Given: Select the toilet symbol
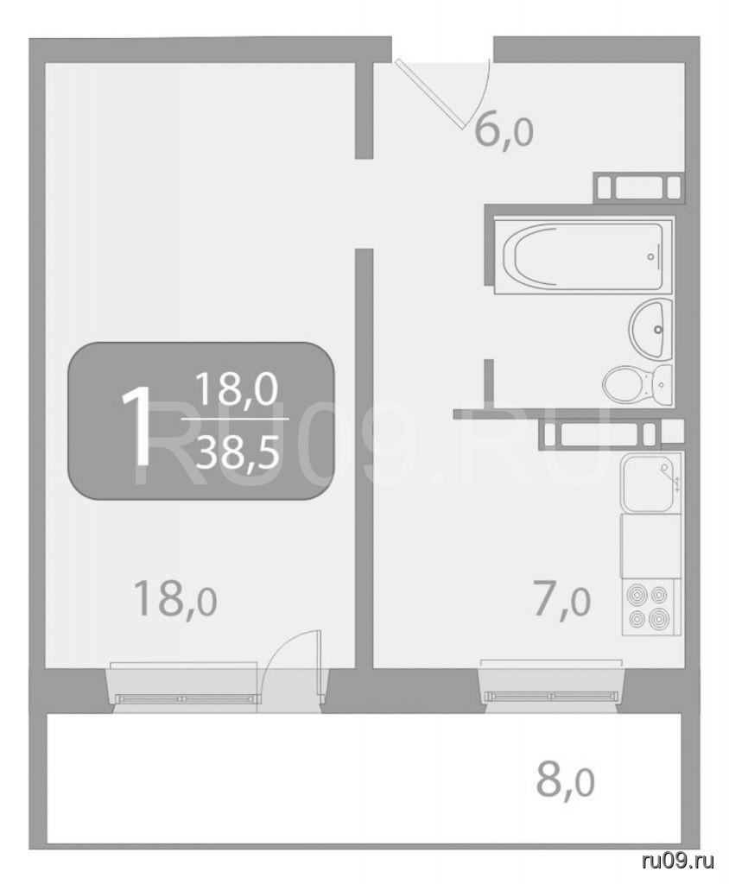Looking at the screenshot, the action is point(638,386).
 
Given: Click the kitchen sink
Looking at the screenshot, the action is point(652,483).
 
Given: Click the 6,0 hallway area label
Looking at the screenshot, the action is point(504,133).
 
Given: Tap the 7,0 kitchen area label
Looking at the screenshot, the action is point(561,602).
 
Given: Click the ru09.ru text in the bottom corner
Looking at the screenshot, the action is point(678,861).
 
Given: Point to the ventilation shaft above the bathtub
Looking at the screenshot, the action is point(639,187).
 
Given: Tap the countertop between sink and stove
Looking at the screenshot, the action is point(652,546).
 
